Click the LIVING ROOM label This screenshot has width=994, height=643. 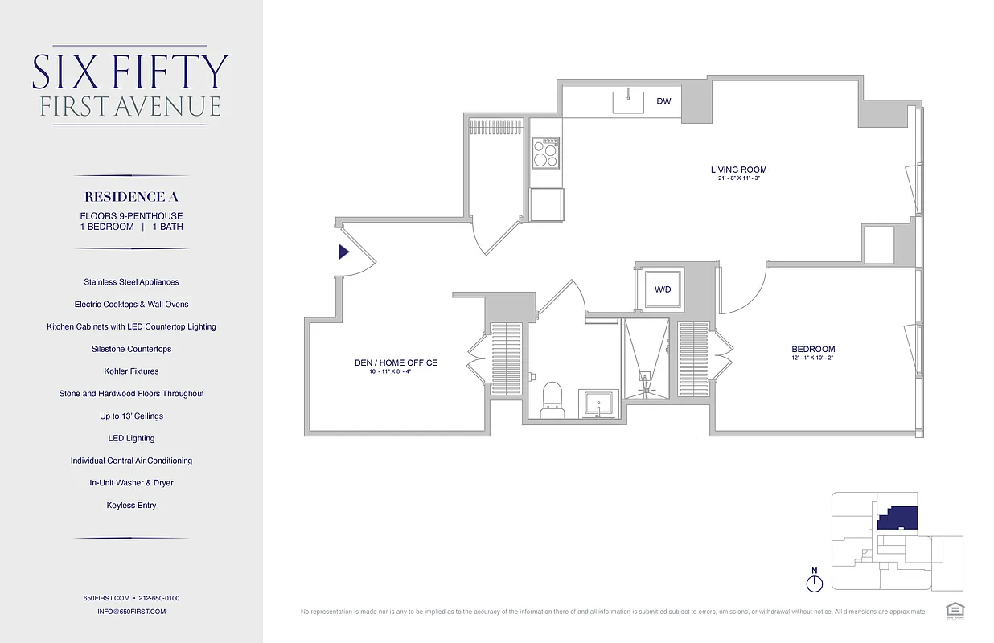pyautogui.click(x=738, y=170)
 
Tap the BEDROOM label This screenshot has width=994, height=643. pyautogui.click(x=813, y=349)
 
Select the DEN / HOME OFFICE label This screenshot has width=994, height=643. pyautogui.click(x=396, y=362)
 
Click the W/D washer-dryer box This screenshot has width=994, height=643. pyautogui.click(x=663, y=289)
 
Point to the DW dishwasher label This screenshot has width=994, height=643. pyautogui.click(x=663, y=101)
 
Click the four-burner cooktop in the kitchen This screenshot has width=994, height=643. pyautogui.click(x=545, y=152)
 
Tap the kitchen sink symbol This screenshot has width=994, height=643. pyautogui.click(x=628, y=102)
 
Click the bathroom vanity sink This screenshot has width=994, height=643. pyautogui.click(x=598, y=404)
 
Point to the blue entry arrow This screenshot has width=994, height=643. pyautogui.click(x=343, y=252)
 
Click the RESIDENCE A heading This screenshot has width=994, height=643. pyautogui.click(x=131, y=197)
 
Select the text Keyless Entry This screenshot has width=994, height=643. pyautogui.click(x=131, y=506)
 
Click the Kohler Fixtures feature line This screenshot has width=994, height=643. pyautogui.click(x=131, y=371)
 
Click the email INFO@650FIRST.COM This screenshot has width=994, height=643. pyautogui.click(x=131, y=612)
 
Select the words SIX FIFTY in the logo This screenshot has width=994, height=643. pyautogui.click(x=131, y=72)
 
